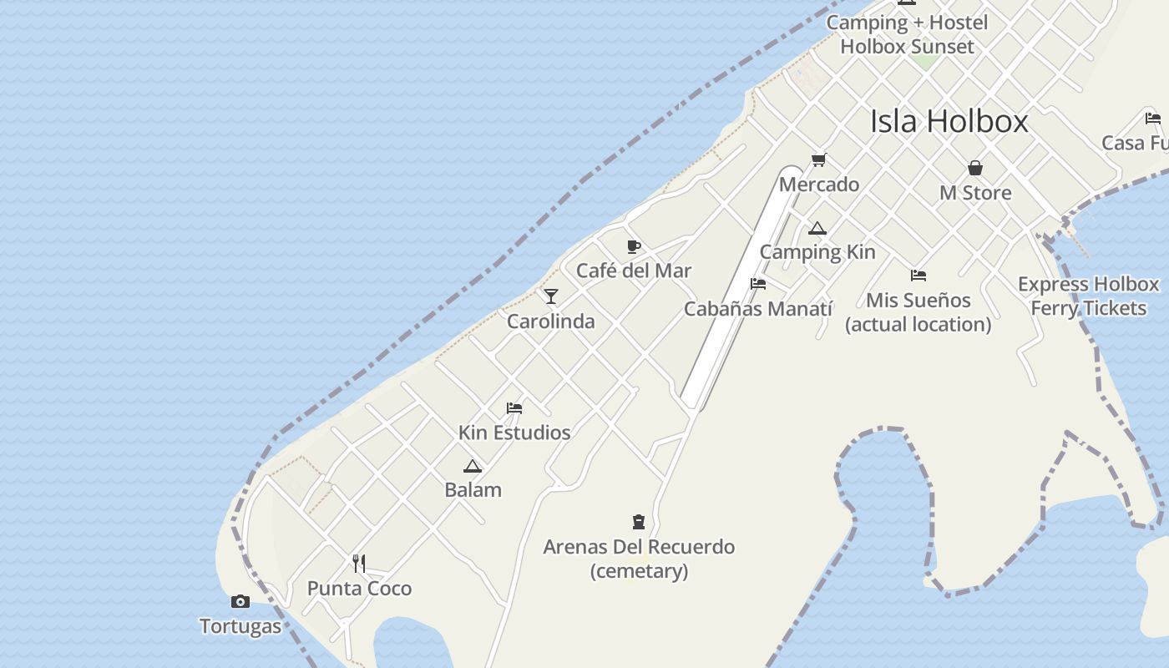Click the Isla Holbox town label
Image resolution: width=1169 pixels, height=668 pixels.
(949, 122)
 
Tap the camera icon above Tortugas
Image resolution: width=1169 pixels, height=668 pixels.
(240, 601)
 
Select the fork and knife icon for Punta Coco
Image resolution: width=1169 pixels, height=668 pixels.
(359, 564)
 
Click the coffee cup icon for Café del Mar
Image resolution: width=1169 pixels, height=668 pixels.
(634, 246)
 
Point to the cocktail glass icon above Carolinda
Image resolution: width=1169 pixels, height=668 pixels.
(551, 296)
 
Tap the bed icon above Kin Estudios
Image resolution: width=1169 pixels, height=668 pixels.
(514, 408)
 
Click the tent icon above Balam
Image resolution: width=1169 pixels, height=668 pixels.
(473, 466)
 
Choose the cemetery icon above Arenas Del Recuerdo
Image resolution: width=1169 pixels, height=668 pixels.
(639, 522)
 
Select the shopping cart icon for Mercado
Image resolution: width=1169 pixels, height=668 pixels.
(819, 159)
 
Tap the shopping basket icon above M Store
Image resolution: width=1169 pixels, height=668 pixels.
(974, 168)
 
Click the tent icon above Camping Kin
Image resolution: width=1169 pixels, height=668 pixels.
(817, 228)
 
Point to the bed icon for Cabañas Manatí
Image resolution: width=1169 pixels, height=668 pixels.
(758, 284)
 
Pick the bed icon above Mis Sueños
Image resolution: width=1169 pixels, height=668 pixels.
(918, 276)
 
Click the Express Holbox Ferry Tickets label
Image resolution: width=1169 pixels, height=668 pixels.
(1088, 296)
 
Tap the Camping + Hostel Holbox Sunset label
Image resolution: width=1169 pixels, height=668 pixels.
(907, 34)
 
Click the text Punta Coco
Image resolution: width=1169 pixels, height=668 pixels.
(359, 589)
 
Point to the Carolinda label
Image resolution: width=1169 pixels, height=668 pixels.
(551, 321)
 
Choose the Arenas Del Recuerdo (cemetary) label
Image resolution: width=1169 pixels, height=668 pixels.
(639, 559)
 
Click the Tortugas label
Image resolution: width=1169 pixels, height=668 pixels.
(240, 626)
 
